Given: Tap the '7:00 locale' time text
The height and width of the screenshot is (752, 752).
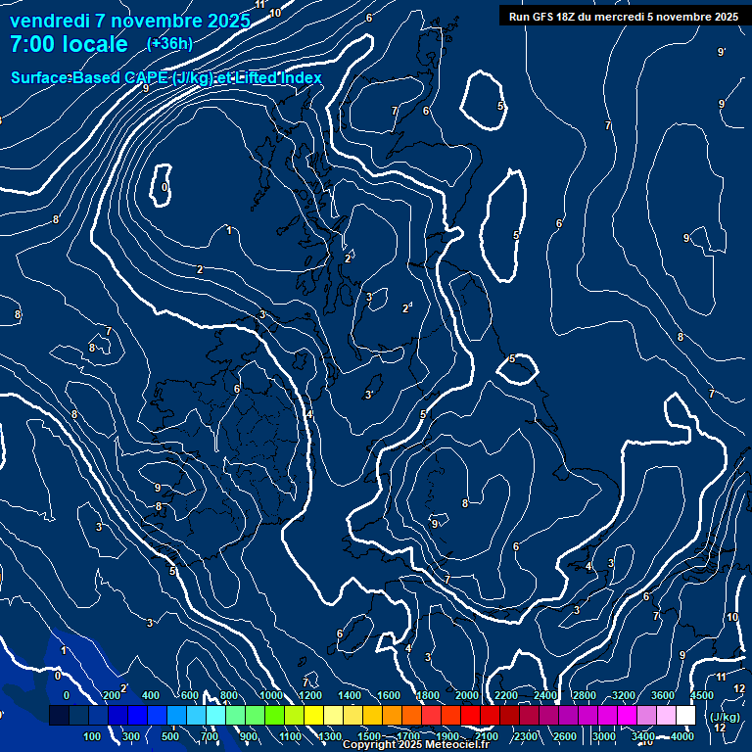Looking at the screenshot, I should (69, 44).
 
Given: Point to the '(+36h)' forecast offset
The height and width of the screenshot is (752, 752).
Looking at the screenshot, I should (169, 43).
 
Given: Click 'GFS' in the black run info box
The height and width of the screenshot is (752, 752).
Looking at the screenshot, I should (546, 16).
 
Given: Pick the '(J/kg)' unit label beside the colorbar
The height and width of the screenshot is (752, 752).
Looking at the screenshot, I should (724, 717).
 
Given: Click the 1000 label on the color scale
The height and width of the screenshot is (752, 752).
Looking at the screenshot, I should (270, 695).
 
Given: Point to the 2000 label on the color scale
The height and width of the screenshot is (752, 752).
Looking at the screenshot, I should (466, 695).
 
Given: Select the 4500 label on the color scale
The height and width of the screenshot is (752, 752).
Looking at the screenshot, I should (701, 695).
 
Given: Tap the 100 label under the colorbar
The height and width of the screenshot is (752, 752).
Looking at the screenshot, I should (94, 736).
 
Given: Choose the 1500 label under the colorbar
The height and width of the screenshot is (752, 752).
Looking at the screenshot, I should (368, 736).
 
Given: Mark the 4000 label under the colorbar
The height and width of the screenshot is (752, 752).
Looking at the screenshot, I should (681, 736).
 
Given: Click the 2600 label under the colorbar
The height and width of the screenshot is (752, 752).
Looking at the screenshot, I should (564, 736).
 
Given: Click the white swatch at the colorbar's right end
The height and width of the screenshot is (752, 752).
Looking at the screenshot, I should (685, 716).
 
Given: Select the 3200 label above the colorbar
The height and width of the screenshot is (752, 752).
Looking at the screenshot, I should (623, 695).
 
